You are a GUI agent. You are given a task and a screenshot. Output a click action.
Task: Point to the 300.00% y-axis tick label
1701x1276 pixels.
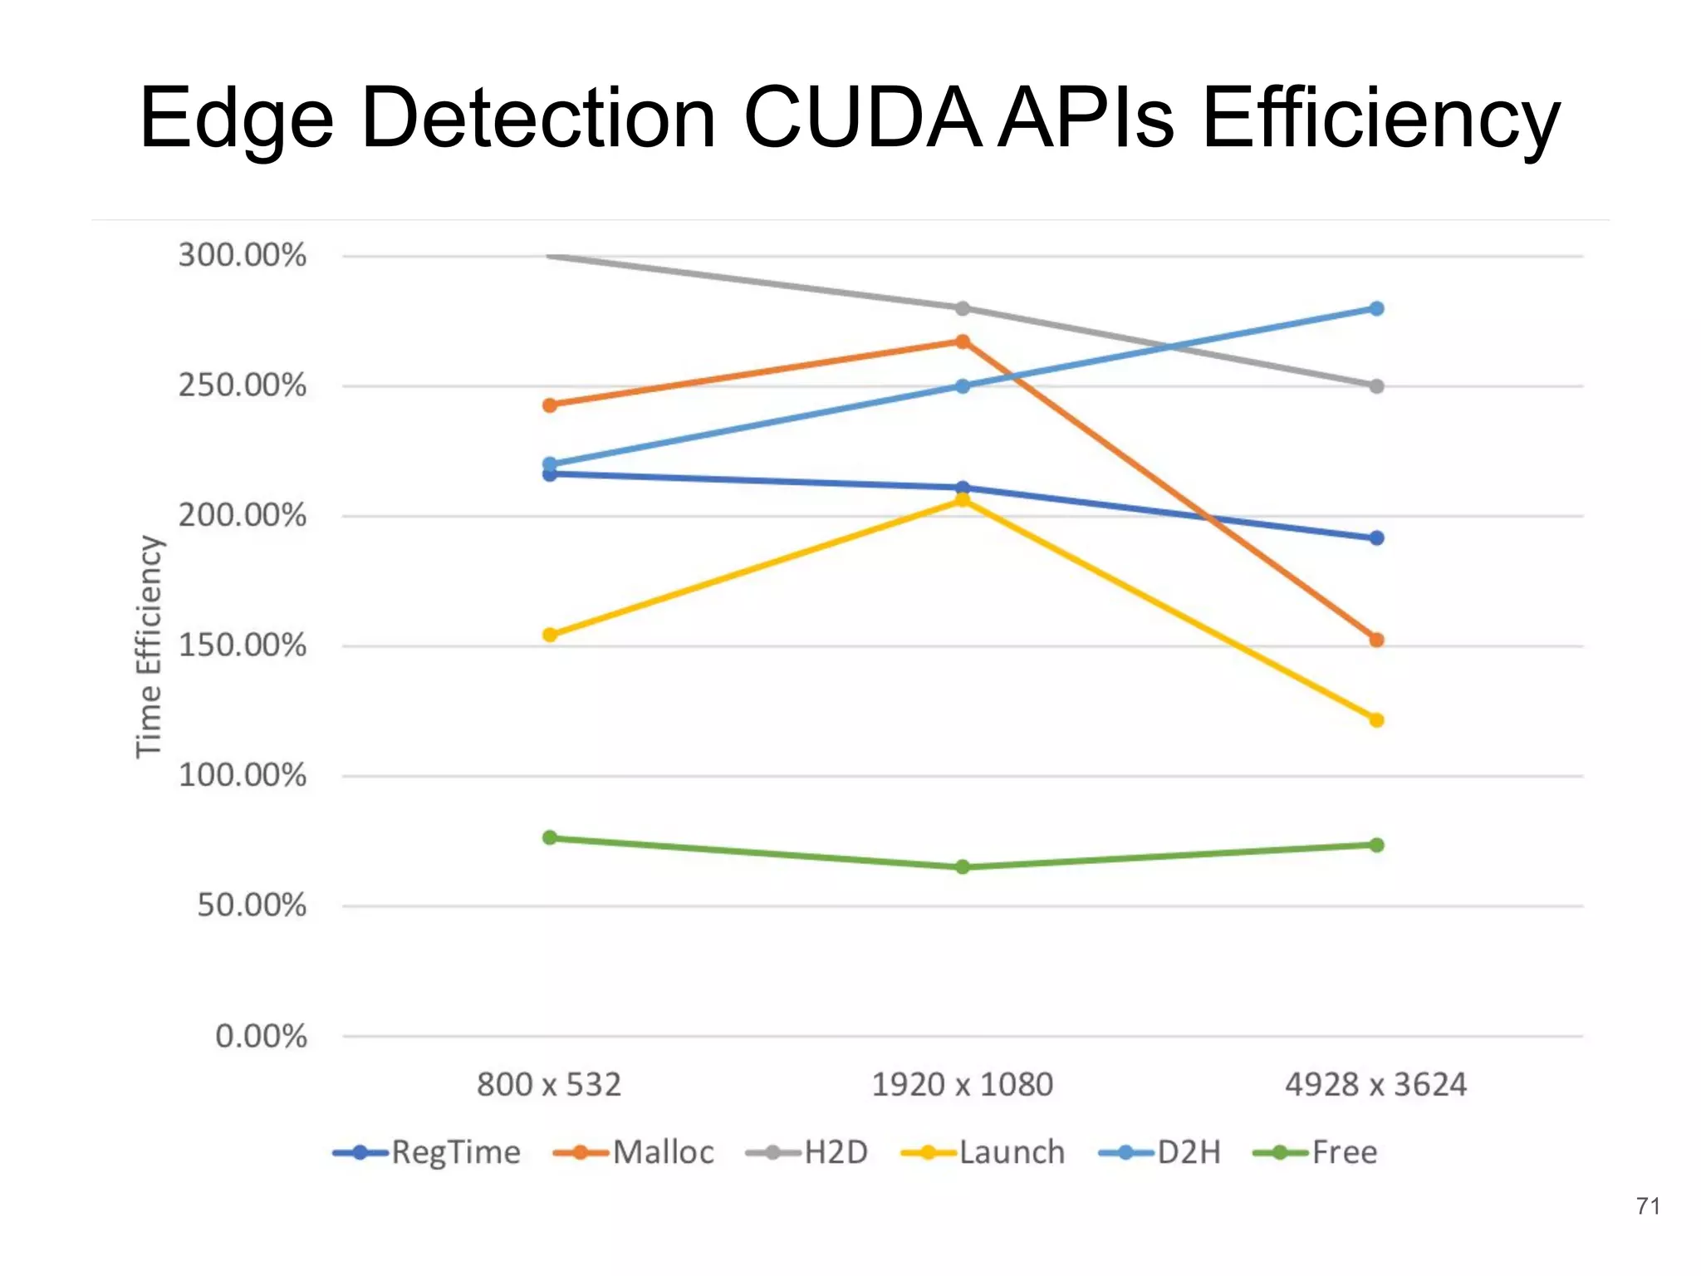(x=242, y=255)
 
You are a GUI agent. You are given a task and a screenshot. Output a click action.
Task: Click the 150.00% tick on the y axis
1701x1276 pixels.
(x=242, y=645)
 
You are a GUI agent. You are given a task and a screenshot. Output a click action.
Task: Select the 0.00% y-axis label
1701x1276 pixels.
(x=261, y=1036)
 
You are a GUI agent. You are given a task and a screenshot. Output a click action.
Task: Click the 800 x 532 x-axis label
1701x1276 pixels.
(x=549, y=1085)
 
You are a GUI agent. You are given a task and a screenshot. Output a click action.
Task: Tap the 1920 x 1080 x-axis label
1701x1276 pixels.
(x=962, y=1085)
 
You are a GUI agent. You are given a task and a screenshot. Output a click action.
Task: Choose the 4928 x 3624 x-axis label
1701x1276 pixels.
(x=1375, y=1085)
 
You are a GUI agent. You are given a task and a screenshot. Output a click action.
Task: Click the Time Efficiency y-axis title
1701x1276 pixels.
(x=150, y=646)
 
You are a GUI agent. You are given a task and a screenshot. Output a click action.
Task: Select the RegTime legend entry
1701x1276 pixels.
(x=427, y=1152)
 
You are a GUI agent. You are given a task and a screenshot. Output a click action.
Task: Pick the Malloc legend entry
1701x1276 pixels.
(x=634, y=1152)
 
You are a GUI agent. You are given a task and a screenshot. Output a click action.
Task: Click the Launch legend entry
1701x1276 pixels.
(x=983, y=1152)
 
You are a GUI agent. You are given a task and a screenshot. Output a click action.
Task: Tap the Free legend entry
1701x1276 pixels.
(x=1316, y=1152)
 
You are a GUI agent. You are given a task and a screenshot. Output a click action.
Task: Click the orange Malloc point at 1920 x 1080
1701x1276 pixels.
(x=962, y=341)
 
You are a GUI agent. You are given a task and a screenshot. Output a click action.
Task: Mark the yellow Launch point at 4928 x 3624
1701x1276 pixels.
(x=1376, y=719)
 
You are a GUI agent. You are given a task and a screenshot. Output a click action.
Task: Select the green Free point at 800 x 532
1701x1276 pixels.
(x=549, y=837)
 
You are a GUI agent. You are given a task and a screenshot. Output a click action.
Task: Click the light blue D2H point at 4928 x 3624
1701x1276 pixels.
(x=1376, y=308)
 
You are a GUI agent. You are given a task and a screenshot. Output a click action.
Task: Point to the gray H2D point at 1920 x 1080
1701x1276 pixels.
(x=962, y=308)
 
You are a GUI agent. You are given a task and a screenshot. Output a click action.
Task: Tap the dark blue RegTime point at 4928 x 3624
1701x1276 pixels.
(x=1376, y=538)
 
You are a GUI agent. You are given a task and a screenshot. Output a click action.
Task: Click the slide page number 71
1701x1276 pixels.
(x=1648, y=1206)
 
